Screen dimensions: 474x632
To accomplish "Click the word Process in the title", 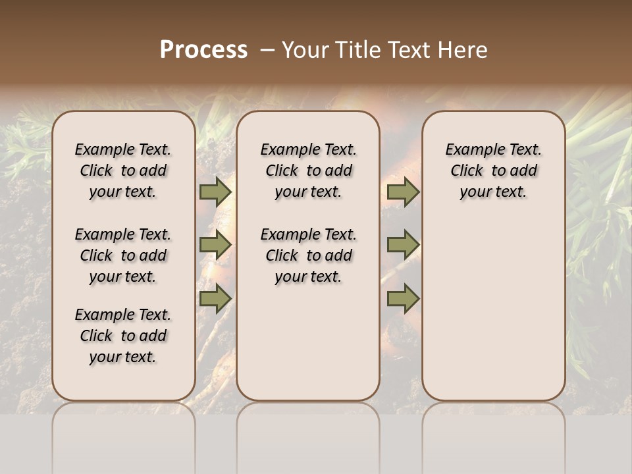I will point(203,49).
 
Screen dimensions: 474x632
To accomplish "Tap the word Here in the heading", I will point(463,49).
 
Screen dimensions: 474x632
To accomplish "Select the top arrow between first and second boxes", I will point(215,192).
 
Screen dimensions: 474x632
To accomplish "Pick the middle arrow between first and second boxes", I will point(215,245).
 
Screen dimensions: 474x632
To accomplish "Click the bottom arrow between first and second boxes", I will point(215,298).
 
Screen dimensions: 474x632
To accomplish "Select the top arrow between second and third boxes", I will point(403,192).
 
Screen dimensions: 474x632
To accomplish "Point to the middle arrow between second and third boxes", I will point(403,245).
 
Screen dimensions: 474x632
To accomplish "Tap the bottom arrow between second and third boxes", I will point(403,298).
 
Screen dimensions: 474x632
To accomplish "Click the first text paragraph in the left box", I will point(123,171).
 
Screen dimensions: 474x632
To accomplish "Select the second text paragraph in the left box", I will point(123,255).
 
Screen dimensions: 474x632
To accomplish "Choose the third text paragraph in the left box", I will point(123,336).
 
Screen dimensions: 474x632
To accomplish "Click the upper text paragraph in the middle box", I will point(308,171).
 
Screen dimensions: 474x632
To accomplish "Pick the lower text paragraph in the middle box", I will point(308,255).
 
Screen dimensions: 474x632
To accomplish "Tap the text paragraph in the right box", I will point(493,171).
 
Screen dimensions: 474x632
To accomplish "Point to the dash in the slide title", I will point(267,50).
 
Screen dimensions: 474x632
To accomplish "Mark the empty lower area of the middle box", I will point(308,342).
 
